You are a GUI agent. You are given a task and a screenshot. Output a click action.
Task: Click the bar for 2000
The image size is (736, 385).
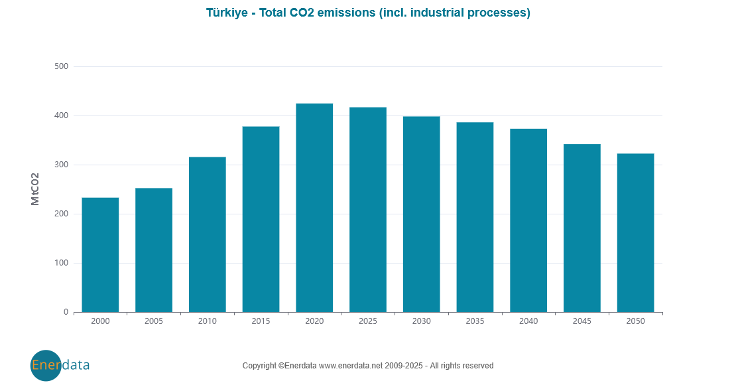(100, 255)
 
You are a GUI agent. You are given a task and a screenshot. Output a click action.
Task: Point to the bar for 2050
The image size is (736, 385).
(635, 233)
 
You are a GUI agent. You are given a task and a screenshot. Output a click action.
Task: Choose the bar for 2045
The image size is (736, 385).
(582, 228)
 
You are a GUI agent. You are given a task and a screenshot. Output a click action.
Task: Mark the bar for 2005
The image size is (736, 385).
(154, 250)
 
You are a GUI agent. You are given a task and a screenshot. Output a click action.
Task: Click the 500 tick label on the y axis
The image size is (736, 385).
(62, 66)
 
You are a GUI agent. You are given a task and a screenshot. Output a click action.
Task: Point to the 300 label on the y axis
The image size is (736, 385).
(62, 165)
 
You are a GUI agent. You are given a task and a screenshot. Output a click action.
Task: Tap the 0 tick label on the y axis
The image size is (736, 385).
(66, 312)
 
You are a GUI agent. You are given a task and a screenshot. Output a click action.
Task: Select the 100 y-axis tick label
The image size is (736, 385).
(62, 263)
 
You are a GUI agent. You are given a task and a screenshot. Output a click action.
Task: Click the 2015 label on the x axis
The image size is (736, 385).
(261, 321)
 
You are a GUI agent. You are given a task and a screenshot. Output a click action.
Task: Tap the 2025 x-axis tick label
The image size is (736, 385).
(368, 321)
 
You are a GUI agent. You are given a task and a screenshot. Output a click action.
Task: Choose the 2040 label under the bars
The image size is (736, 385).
(528, 321)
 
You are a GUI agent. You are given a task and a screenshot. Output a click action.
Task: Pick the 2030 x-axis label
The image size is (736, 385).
(421, 321)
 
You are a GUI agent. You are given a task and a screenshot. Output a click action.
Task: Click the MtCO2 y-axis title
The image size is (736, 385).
(36, 189)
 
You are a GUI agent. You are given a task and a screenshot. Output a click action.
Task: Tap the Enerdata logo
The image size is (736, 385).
(60, 365)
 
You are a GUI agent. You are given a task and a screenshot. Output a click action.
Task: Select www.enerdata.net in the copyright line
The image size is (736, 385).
(351, 366)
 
